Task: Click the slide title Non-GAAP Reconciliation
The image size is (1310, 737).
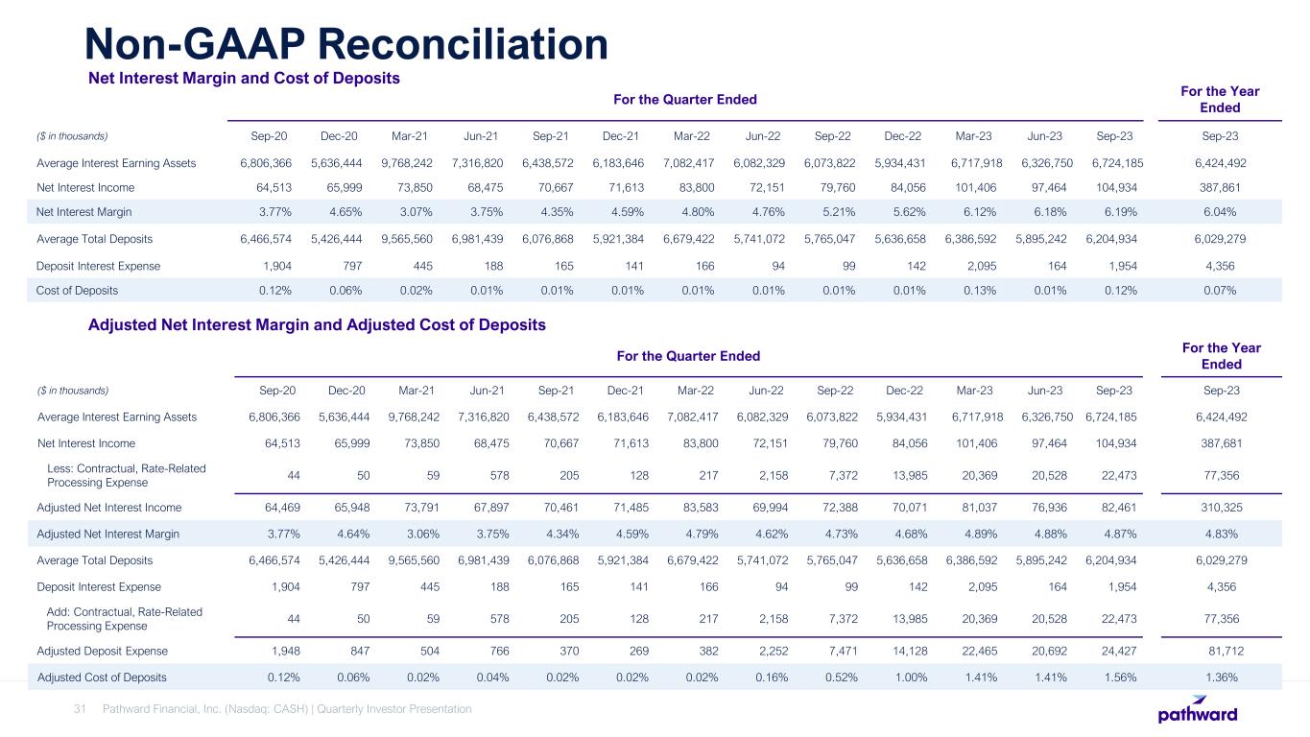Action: tap(345, 43)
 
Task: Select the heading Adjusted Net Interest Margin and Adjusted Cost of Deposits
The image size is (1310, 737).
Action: tap(317, 325)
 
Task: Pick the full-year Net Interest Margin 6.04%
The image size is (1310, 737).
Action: tap(1220, 211)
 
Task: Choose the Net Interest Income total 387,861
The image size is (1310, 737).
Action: tap(1220, 187)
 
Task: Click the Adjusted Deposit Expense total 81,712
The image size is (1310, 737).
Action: tap(1220, 652)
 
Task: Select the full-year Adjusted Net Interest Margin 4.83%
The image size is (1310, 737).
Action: tap(1220, 534)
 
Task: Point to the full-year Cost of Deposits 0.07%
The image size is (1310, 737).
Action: tap(1220, 289)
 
